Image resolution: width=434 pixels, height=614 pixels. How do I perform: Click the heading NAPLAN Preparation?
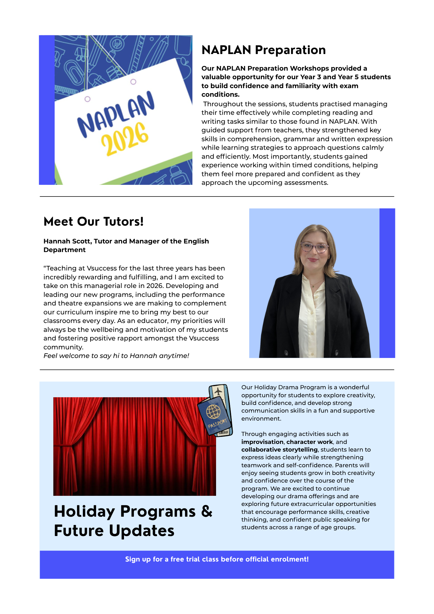(263, 50)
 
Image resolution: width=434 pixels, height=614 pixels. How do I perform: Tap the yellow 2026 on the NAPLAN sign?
(125, 138)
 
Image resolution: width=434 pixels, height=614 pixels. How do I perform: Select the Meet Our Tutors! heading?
(94, 222)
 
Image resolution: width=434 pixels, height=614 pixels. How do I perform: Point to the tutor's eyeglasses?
(314, 247)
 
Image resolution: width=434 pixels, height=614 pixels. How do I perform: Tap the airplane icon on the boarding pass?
(218, 391)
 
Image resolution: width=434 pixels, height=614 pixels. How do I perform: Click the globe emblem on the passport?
(213, 411)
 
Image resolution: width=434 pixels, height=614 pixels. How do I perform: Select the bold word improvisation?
(262, 442)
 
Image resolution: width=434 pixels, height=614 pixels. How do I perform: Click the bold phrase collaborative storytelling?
(279, 449)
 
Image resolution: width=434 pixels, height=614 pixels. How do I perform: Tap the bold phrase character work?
(309, 442)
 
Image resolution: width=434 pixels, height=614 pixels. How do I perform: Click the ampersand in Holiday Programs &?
(207, 511)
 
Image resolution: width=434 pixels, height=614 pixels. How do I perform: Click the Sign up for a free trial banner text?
(217, 559)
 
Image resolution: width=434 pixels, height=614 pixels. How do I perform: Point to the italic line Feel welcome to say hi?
(116, 356)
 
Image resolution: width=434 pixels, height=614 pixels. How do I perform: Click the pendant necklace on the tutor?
(313, 286)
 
